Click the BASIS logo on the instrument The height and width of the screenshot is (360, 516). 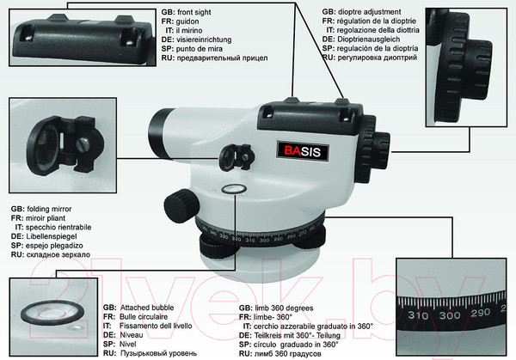click(x=303, y=151)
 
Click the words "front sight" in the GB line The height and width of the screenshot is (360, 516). click(x=194, y=12)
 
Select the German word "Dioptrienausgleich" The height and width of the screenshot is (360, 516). click(x=369, y=40)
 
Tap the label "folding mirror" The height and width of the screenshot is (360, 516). click(x=49, y=209)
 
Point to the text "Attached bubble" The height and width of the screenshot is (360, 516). click(x=147, y=308)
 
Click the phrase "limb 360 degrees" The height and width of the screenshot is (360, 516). click(x=284, y=308)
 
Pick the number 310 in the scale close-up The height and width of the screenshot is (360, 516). click(x=418, y=315)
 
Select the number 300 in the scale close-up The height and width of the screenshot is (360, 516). click(x=450, y=315)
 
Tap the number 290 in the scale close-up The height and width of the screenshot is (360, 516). click(x=481, y=313)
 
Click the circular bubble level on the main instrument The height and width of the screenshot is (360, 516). click(x=234, y=189)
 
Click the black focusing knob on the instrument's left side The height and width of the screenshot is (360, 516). click(x=181, y=206)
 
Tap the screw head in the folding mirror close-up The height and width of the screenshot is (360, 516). click(x=84, y=144)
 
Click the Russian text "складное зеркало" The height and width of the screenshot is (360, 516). click(x=58, y=255)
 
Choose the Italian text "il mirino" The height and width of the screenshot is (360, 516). click(x=189, y=31)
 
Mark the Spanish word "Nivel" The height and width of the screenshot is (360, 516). click(x=127, y=345)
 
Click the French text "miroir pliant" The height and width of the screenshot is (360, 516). click(x=46, y=218)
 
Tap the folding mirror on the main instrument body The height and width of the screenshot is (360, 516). click(x=236, y=157)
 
